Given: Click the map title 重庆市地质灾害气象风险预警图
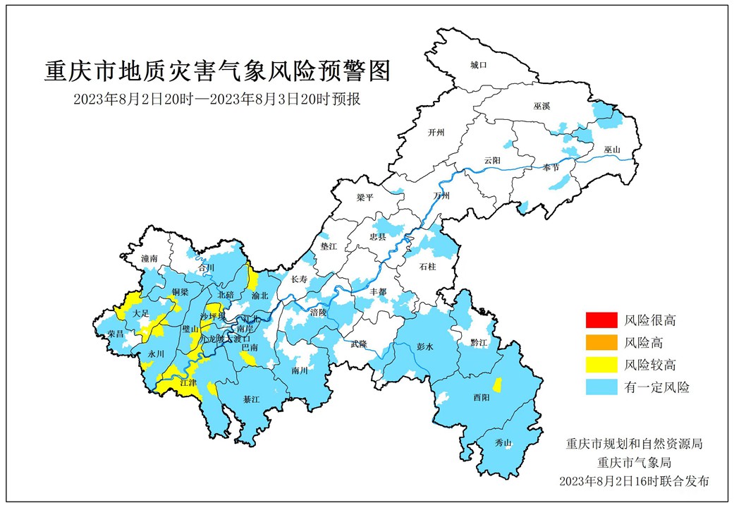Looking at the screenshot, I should (x=217, y=72).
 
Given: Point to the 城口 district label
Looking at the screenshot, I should (x=479, y=65).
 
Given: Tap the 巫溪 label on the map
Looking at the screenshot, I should (x=542, y=106).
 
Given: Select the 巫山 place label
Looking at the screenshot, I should (x=612, y=150).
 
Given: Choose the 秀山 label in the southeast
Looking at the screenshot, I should (x=503, y=443).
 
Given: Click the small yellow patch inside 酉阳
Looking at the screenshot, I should (x=497, y=385).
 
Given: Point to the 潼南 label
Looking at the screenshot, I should (x=149, y=259).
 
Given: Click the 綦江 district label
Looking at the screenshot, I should (x=251, y=399).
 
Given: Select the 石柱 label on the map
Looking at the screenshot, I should (x=427, y=267).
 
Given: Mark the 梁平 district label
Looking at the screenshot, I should (x=365, y=198).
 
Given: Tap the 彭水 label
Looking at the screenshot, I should (x=424, y=347).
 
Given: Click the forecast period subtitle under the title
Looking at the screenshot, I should (x=217, y=99).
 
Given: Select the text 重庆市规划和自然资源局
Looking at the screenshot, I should (x=634, y=445).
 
